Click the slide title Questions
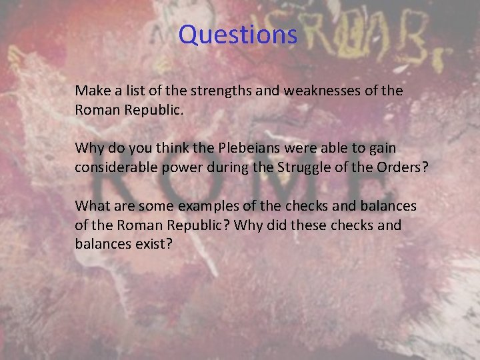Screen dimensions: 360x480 [237, 35]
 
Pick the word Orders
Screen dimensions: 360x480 [403, 166]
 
